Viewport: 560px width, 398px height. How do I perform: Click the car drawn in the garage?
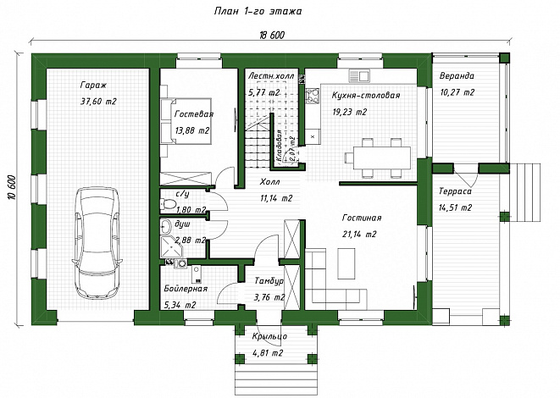[97, 243]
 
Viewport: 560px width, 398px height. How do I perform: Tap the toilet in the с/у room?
[169, 204]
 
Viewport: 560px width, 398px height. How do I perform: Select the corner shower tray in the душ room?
[172, 246]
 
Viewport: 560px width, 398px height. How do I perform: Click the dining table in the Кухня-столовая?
[382, 158]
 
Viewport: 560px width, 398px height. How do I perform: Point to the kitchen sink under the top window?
[359, 76]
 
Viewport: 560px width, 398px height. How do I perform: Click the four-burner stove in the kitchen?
[313, 96]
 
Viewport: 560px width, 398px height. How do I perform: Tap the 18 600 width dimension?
[272, 35]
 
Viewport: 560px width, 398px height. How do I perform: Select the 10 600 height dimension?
[11, 188]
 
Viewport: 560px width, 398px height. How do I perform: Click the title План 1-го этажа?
[258, 11]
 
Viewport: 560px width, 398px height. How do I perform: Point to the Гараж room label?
[93, 86]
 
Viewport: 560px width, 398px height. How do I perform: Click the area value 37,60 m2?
[98, 102]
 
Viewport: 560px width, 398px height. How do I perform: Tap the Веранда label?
[457, 75]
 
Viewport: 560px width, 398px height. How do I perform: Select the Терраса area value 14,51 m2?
[455, 207]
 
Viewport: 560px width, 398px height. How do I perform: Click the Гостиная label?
[362, 218]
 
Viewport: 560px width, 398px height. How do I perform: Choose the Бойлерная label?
[186, 289]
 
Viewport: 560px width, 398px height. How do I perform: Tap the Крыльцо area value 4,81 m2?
[268, 353]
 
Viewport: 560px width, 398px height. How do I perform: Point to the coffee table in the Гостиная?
[347, 263]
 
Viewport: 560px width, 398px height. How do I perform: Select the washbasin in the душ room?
[166, 226]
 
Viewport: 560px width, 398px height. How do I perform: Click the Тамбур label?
[269, 281]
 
